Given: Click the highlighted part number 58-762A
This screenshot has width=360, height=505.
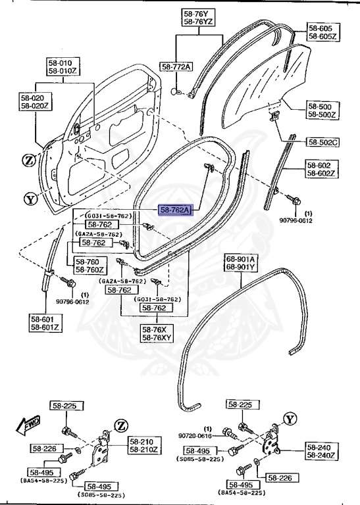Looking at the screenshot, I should coord(174,210).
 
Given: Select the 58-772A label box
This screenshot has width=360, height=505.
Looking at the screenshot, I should coord(176,67).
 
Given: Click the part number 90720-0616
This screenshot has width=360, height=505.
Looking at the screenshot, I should coord(195,435).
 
